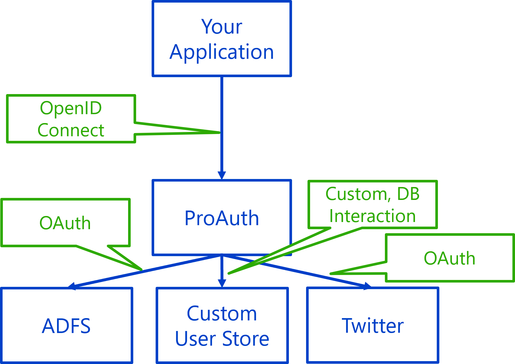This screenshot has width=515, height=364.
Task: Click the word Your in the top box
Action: (222, 27)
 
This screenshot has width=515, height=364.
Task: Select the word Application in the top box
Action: (222, 52)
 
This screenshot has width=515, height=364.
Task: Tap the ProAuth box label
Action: (222, 218)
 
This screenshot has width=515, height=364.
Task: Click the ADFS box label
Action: (66, 326)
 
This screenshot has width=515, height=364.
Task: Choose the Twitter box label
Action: (373, 326)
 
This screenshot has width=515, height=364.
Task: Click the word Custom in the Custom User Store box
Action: (222, 314)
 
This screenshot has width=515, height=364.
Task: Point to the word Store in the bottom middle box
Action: (246, 339)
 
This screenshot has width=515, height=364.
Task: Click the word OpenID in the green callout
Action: (71, 108)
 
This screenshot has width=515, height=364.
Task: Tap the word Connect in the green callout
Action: (71, 130)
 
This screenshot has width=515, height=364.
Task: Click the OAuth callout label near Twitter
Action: (449, 258)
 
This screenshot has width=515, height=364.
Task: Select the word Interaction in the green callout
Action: (372, 216)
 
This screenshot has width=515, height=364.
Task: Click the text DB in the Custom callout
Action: (408, 194)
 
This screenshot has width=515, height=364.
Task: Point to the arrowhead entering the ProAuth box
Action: (222, 175)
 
